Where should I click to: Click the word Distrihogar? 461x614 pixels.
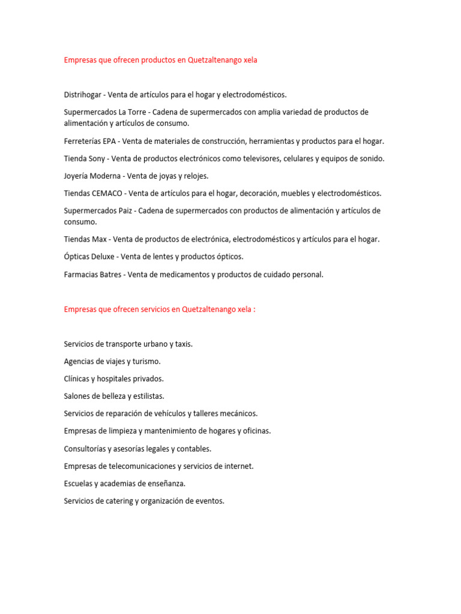click(x=83, y=95)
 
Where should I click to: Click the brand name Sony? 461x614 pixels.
click(x=96, y=159)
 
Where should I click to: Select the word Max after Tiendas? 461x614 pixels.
click(x=99, y=239)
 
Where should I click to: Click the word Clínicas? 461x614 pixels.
click(x=78, y=379)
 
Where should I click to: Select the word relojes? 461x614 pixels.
click(x=194, y=176)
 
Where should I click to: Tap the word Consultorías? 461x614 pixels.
click(x=86, y=449)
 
